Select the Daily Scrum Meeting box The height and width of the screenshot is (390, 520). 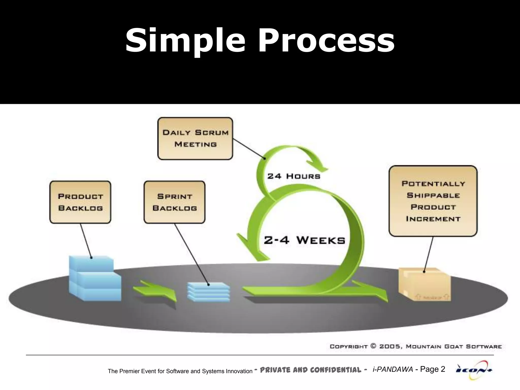click(195, 138)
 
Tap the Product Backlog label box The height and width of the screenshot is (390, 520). click(80, 202)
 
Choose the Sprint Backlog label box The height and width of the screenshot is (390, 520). click(174, 202)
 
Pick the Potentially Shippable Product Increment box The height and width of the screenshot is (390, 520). click(433, 201)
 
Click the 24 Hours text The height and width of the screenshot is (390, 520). click(294, 176)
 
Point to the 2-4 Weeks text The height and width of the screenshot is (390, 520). click(304, 240)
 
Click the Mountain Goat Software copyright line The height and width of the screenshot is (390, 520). click(416, 346)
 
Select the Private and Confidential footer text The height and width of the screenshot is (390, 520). click(310, 370)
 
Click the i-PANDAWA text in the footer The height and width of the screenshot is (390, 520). click(393, 370)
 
